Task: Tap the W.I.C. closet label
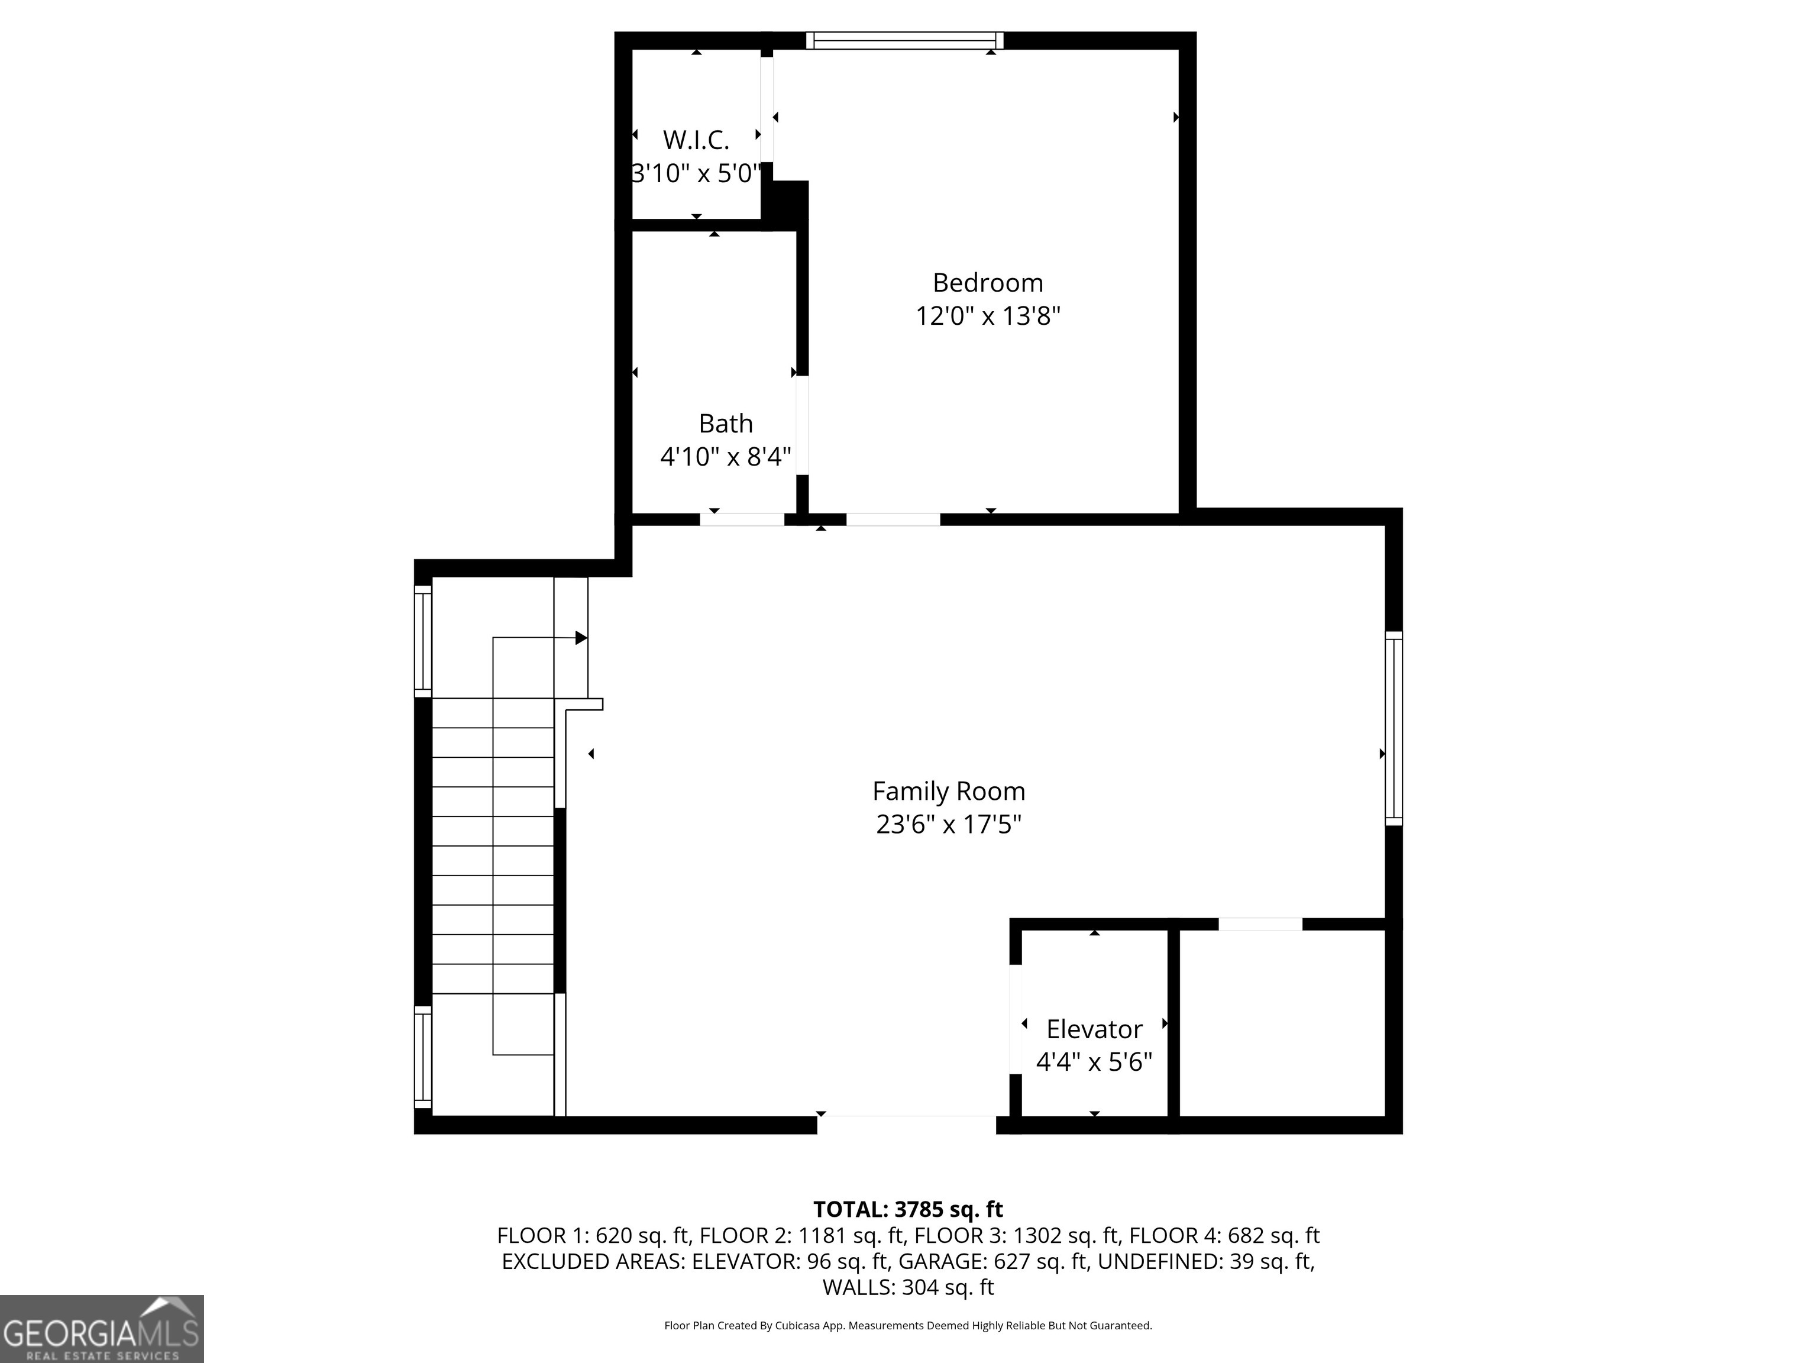pos(696,140)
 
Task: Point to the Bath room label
pos(725,424)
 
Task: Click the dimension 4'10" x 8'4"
pos(725,457)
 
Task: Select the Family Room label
pos(948,791)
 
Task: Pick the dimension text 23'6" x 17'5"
pos(948,824)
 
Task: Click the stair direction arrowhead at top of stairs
pos(581,638)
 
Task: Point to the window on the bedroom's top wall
pos(904,40)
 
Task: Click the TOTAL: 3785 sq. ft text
pos(908,1209)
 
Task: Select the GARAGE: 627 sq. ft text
pos(994,1261)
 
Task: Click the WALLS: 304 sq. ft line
pos(908,1287)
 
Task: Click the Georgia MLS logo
pos(101,1329)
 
